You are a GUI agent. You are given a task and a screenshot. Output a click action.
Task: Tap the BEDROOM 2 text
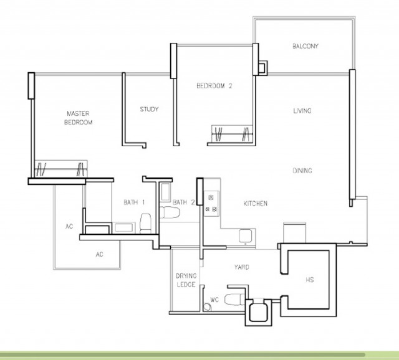tap(214, 86)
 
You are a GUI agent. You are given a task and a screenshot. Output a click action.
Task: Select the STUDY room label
tap(149, 110)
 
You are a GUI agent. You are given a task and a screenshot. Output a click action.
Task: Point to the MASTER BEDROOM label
tap(79, 118)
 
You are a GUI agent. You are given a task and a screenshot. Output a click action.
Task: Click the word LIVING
tap(302, 111)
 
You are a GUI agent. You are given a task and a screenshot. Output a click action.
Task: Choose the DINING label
tap(302, 171)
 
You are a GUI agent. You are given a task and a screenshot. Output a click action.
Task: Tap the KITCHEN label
tap(255, 204)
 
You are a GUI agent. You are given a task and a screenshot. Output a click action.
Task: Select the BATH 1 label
tap(134, 202)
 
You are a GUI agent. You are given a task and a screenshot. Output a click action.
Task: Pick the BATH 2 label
tap(184, 202)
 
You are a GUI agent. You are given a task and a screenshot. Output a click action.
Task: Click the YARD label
tap(242, 267)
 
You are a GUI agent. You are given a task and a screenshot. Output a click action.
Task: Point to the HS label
tap(310, 280)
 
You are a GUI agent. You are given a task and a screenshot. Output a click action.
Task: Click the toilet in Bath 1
tap(145, 222)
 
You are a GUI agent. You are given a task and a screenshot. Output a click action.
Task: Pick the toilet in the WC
tap(234, 298)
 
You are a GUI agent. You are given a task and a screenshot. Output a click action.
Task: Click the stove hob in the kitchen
tap(211, 203)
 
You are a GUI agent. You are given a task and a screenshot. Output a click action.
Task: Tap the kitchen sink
tap(247, 235)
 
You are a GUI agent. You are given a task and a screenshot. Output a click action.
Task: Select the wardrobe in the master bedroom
tap(61, 168)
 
